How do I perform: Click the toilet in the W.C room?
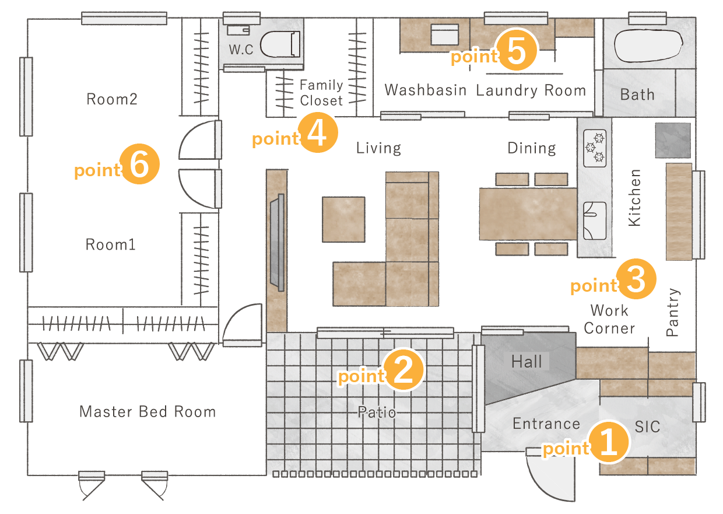click(x=280, y=44)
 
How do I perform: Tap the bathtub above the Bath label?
click(x=648, y=46)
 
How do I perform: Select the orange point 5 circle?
click(x=517, y=50)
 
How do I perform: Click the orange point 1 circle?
click(x=608, y=442)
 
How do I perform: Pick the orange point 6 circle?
click(x=139, y=164)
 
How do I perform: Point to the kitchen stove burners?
click(x=595, y=148)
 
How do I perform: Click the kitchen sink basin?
click(x=595, y=221)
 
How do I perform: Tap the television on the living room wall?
click(x=278, y=243)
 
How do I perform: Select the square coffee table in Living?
click(x=343, y=219)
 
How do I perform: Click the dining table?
click(x=528, y=214)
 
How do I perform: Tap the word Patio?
click(x=377, y=412)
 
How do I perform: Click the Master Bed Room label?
click(x=148, y=412)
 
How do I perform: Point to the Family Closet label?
click(x=321, y=93)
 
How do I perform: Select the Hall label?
click(x=527, y=362)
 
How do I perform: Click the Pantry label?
click(x=673, y=312)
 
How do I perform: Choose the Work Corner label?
click(x=609, y=320)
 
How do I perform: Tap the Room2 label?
click(x=112, y=99)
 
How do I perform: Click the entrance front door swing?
click(x=550, y=474)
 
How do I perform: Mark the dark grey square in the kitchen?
click(x=673, y=140)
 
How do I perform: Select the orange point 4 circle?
click(x=318, y=132)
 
